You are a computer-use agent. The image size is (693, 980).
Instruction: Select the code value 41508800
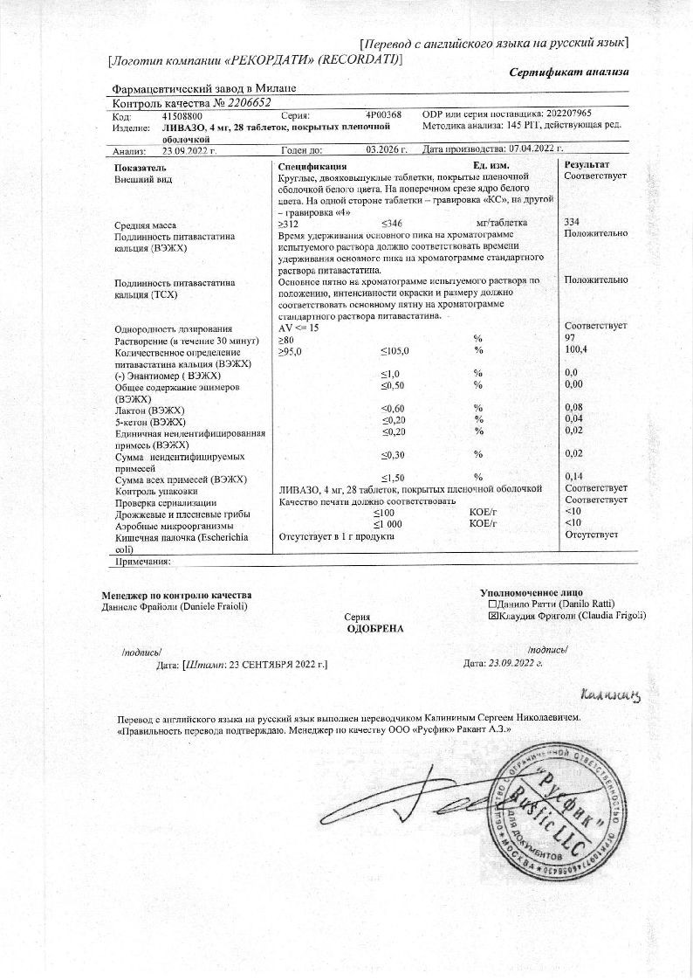click(x=182, y=115)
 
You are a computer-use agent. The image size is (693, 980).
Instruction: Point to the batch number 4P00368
click(x=383, y=115)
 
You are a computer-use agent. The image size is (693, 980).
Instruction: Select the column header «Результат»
click(x=587, y=165)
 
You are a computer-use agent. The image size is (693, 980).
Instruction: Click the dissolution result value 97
click(x=571, y=338)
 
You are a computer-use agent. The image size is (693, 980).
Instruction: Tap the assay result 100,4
click(x=575, y=349)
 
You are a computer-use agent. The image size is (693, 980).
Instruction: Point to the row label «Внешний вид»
click(x=144, y=178)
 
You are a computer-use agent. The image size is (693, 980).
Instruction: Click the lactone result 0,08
click(x=573, y=408)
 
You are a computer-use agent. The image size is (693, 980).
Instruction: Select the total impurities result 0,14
click(x=573, y=477)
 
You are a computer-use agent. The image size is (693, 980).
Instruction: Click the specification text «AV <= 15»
click(x=298, y=327)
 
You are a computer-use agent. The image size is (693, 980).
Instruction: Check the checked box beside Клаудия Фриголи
click(x=493, y=616)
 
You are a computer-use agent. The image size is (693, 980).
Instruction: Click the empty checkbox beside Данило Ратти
click(x=493, y=604)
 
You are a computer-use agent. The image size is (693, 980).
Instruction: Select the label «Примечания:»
click(x=141, y=562)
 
